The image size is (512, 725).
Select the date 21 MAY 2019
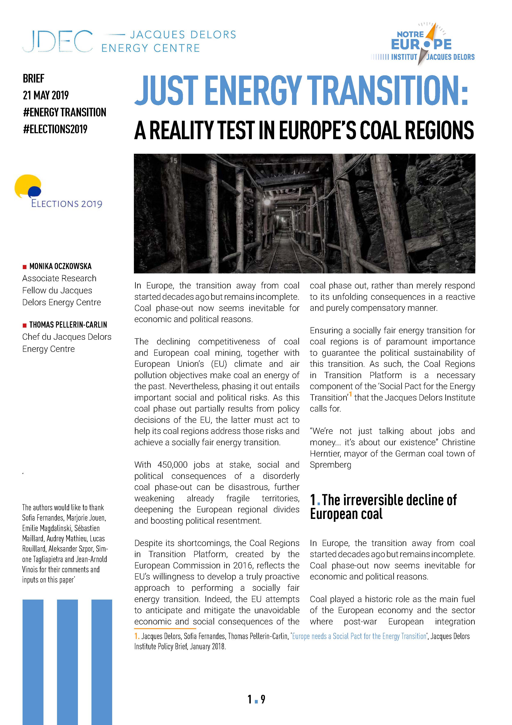pyautogui.click(x=46, y=95)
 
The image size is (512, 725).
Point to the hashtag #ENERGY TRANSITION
pyautogui.click(x=65, y=112)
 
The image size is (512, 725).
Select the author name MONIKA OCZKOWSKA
pyautogui.click(x=60, y=266)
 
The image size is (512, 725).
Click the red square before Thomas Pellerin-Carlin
pyautogui.click(x=24, y=325)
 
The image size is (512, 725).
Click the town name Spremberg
pyautogui.click(x=330, y=465)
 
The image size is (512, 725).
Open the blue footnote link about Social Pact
pyautogui.click(x=359, y=636)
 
